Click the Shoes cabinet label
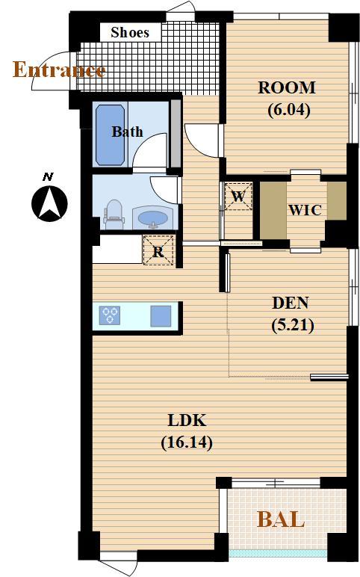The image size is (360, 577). coord(130,32)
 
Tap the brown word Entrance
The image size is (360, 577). coord(59,70)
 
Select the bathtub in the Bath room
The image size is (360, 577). coord(110,135)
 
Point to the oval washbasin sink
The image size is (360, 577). coord(152,217)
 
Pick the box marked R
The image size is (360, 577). coord(158,250)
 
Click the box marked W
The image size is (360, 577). coord(238,196)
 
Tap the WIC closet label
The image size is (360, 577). coord(305,210)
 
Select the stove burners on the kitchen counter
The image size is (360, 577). coord(110,315)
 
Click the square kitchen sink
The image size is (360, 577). coord(161,316)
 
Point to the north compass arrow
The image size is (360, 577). coord(49,203)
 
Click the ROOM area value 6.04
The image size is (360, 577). coord(289,110)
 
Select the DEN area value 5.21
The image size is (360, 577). coord(292,325)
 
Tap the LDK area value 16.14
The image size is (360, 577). coord(187,442)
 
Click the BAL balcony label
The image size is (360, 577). coord(281,519)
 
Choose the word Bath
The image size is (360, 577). coord(127,132)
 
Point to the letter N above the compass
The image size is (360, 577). coord(48,177)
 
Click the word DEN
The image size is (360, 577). coord(290,303)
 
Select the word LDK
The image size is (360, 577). coord(187,420)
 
